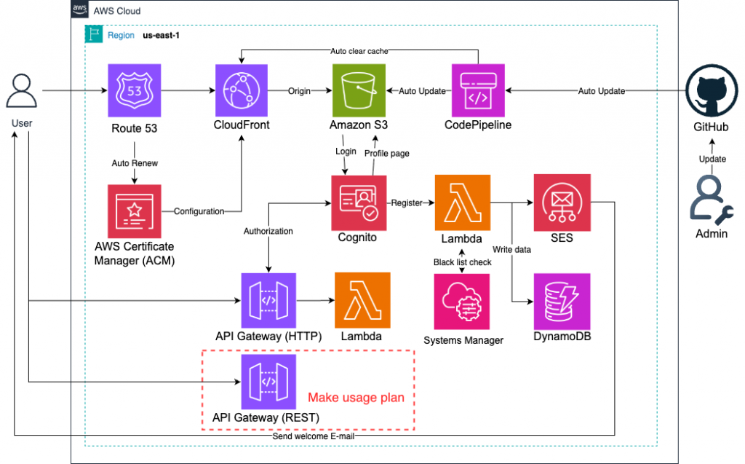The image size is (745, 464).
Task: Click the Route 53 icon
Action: tap(135, 91)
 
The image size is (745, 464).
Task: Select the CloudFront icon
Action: tap(242, 91)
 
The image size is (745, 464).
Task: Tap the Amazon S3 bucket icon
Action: tap(359, 91)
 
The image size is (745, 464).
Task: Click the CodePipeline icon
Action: tap(478, 91)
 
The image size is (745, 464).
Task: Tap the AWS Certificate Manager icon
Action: tap(135, 211)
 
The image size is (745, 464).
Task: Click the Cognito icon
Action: tap(359, 202)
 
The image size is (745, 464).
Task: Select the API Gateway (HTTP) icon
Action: tap(268, 300)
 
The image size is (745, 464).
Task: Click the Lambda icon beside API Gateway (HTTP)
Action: tap(362, 300)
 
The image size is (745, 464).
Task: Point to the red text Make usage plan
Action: tap(356, 398)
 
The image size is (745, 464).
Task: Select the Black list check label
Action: tap(463, 262)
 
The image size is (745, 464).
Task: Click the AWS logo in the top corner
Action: tap(80, 11)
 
